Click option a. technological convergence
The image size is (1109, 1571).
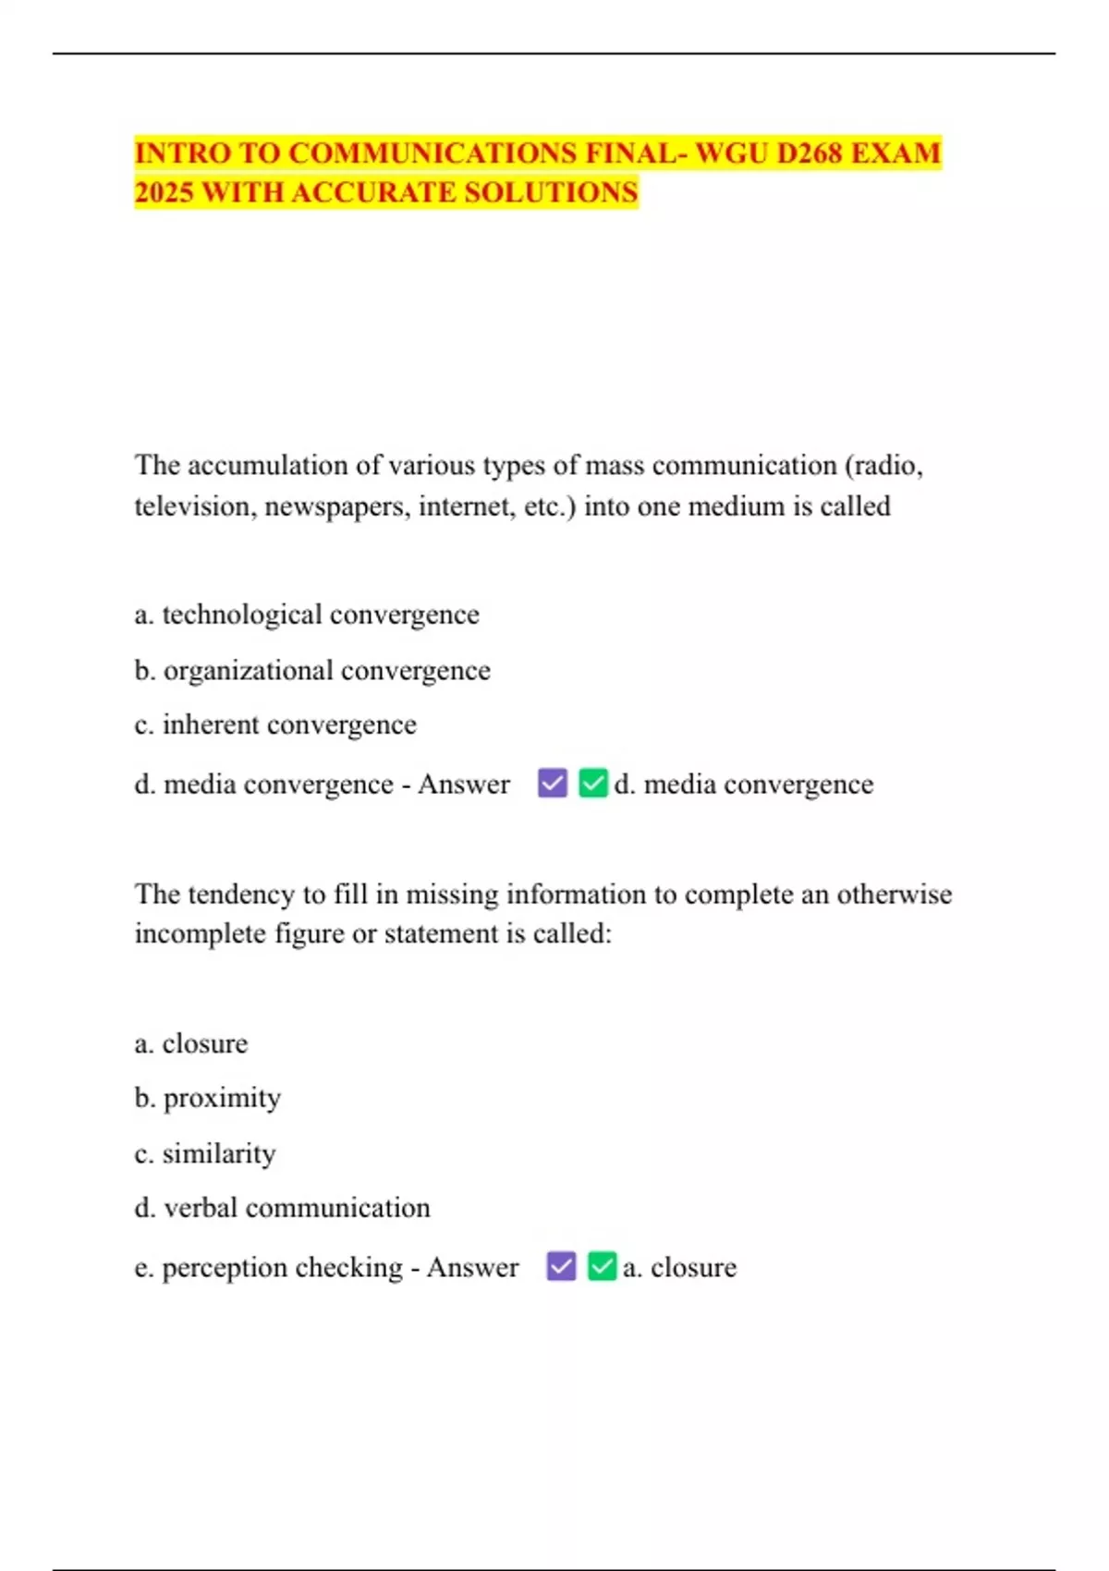pos(307,615)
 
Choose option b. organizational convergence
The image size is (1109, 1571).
pos(312,670)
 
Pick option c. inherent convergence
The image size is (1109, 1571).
pos(275,725)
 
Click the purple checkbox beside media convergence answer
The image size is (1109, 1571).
pos(553,783)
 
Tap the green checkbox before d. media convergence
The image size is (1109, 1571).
pos(593,783)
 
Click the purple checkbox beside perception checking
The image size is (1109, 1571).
pos(561,1265)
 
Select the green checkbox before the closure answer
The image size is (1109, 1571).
pos(602,1265)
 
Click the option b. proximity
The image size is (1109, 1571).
pos(208,1098)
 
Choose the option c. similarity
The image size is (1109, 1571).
pos(205,1153)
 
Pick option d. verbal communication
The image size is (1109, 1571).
pos(282,1208)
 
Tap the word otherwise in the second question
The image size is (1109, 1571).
pos(894,894)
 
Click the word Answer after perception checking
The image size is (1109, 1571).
pos(472,1266)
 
